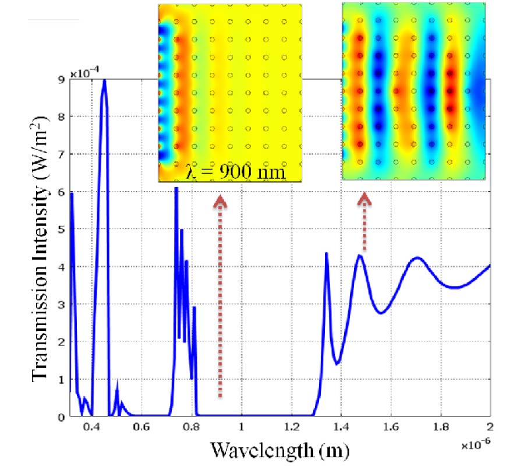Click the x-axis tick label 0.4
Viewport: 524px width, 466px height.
(x=91, y=427)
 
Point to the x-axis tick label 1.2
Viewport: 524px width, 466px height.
(x=291, y=427)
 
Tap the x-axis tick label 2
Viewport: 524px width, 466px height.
(x=490, y=427)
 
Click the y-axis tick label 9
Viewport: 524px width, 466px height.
(x=61, y=80)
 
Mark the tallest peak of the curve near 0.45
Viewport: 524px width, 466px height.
(x=104, y=80)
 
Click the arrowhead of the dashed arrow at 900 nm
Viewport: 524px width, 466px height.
(x=220, y=201)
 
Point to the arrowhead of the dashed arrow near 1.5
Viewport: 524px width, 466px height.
(x=364, y=199)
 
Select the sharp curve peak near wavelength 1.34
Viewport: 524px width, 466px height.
(x=326, y=253)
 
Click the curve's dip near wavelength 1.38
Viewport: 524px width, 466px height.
(x=337, y=364)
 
